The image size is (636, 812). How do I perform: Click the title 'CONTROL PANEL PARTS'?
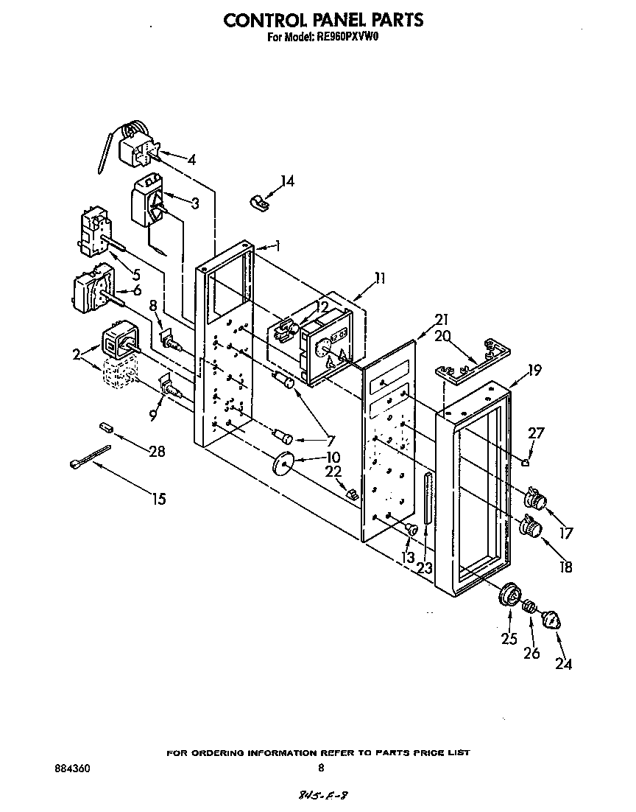click(323, 20)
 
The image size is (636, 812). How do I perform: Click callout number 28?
click(156, 452)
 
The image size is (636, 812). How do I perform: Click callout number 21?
click(441, 319)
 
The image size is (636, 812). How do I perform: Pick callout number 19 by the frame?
click(534, 370)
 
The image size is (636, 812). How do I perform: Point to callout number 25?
click(509, 639)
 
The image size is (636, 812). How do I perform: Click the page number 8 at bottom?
click(320, 768)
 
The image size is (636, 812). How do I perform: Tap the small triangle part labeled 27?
click(526, 463)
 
